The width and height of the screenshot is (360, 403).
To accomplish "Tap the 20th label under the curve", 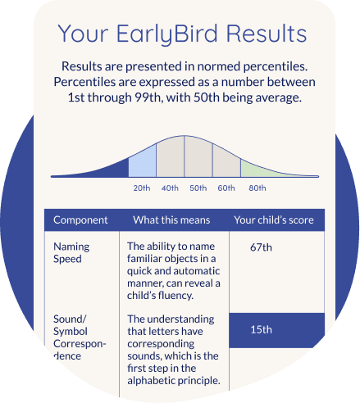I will click(x=141, y=188).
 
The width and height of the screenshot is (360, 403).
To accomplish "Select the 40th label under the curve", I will click(x=170, y=188).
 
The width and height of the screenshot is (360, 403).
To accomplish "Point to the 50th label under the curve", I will click(x=198, y=188).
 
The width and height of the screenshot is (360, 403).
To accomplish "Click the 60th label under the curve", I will click(x=226, y=188).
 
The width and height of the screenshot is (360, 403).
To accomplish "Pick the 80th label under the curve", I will click(x=257, y=188).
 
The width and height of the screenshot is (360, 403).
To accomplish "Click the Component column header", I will click(x=80, y=220).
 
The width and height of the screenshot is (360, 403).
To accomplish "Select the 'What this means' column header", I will click(x=171, y=220).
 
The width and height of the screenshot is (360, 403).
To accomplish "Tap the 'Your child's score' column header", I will click(x=274, y=220).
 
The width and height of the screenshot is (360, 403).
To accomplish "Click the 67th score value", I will click(x=262, y=247).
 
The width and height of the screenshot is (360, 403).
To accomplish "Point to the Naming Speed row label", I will click(x=71, y=253).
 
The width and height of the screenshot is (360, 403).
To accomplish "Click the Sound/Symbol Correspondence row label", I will click(x=80, y=337).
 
